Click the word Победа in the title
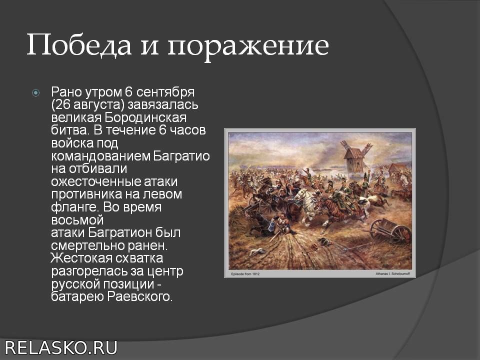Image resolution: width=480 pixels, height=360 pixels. point(79,45)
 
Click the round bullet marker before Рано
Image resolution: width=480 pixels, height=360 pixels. point(36,92)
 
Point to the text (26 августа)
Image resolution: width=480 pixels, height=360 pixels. point(88,105)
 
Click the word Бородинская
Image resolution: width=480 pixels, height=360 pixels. point(145,117)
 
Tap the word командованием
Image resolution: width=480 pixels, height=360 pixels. point(100,156)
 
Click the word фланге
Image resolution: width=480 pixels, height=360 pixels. point(75,207)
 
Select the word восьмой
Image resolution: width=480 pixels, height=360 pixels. point(77,220)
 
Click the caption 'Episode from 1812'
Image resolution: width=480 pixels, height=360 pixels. point(245,274)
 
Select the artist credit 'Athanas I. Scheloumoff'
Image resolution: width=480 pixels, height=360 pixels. point(392,273)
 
